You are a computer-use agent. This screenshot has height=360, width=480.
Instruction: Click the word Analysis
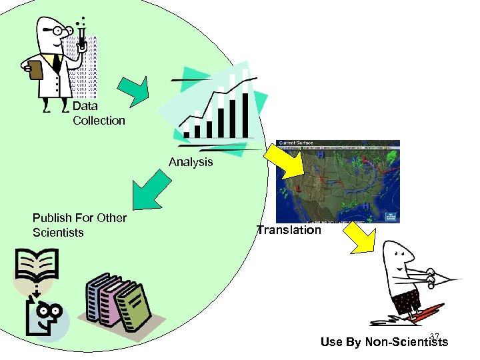[x=191, y=162]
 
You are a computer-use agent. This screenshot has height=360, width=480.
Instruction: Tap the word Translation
[x=289, y=230]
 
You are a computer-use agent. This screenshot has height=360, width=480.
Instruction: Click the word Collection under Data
[x=99, y=121]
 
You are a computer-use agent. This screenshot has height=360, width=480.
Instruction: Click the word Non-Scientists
[x=403, y=343]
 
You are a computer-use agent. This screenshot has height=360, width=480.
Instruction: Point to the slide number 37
[x=435, y=336]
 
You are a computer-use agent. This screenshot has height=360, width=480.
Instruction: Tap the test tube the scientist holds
[x=82, y=40]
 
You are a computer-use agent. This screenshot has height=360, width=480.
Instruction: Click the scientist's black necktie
[x=57, y=63]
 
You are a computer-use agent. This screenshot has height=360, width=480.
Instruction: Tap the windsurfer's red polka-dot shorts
[x=407, y=301]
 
